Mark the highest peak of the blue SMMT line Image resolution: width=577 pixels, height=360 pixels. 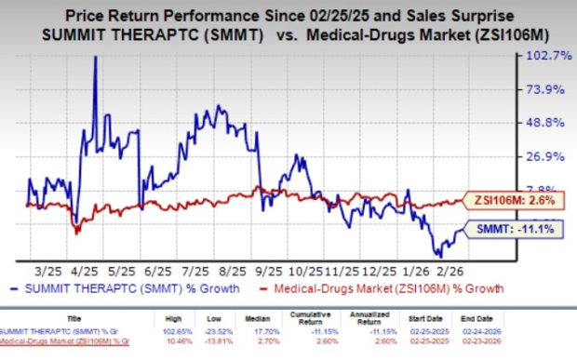pyautogui.click(x=94, y=57)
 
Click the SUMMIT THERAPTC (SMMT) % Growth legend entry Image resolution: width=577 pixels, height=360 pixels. pyautogui.click(x=111, y=289)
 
